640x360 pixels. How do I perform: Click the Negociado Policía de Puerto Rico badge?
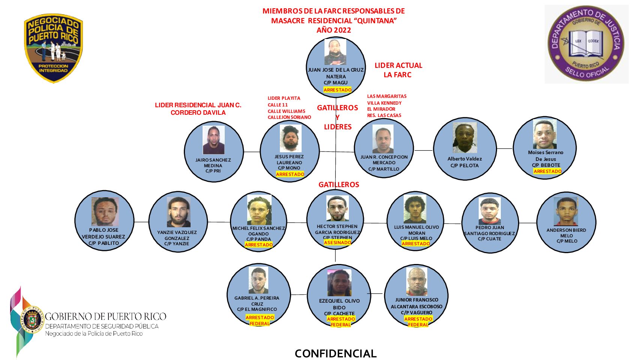[53, 48]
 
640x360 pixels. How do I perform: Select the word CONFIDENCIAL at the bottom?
[336, 353]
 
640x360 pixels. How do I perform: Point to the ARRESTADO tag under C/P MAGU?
[337, 90]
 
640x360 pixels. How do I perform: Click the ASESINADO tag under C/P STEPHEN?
[337, 243]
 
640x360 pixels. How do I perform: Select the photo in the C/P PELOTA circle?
[465, 137]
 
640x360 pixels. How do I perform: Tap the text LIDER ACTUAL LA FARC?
[398, 70]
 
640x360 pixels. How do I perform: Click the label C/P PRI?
[213, 171]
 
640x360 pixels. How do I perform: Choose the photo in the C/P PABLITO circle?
[105, 212]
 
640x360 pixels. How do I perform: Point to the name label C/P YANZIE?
[177, 244]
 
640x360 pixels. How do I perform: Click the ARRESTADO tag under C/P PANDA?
[259, 245]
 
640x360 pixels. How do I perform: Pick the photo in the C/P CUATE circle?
[490, 211]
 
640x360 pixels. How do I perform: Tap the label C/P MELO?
[567, 241]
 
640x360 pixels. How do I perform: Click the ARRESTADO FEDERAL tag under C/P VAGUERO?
[418, 322]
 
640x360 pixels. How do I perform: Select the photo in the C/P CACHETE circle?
[340, 282]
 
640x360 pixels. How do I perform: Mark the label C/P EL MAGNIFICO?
[257, 309]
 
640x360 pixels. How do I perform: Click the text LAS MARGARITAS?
[387, 96]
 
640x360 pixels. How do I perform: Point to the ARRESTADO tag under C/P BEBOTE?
[547, 171]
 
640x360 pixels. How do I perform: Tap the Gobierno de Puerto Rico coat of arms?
[34, 320]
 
